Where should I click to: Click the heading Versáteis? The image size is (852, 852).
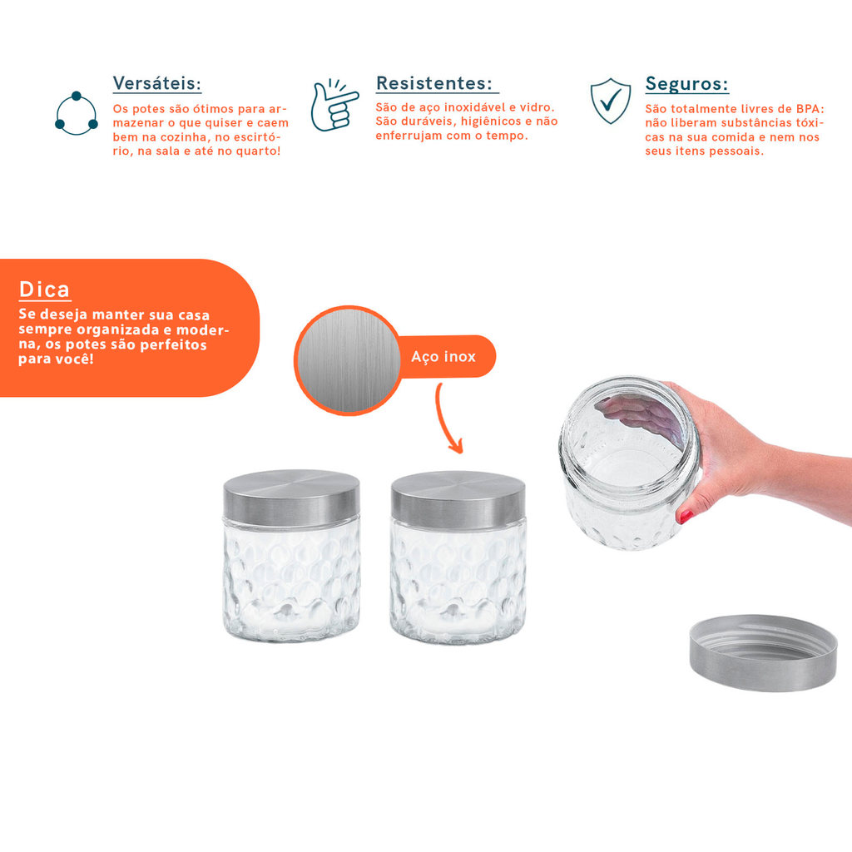point(157,84)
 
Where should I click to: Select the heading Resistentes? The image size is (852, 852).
point(434,83)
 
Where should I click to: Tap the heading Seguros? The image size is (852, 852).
point(686,84)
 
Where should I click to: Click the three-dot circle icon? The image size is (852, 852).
point(77,113)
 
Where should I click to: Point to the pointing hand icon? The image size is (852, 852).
point(334,106)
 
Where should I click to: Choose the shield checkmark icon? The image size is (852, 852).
point(611,101)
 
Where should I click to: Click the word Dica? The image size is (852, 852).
point(45,290)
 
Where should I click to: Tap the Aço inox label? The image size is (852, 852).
point(443,356)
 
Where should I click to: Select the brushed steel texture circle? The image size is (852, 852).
point(349,361)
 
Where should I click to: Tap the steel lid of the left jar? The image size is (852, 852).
point(291,498)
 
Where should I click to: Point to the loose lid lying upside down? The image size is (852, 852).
point(764,652)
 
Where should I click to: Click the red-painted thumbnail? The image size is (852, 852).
point(686,515)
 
